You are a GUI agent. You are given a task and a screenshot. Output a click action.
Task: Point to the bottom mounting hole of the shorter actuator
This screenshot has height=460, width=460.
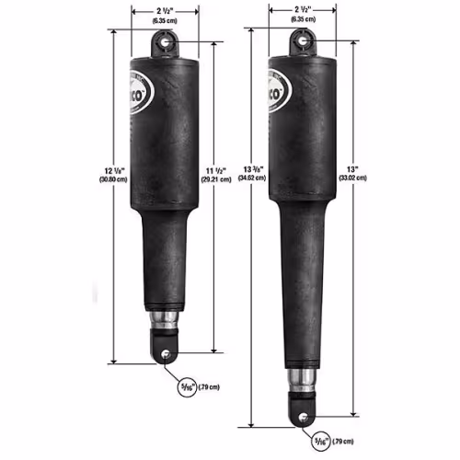click(166, 353)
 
